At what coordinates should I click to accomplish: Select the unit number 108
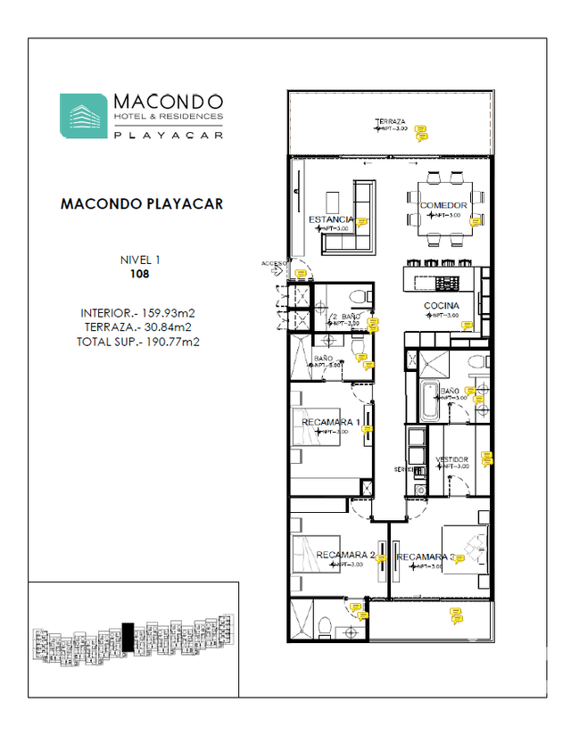coord(139,275)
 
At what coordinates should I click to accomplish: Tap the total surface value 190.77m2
coord(170,341)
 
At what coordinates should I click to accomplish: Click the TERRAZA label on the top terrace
coord(390,120)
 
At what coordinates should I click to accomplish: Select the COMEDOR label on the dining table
coord(443,206)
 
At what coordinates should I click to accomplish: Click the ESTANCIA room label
coord(331,219)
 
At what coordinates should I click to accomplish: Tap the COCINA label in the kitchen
coord(441,307)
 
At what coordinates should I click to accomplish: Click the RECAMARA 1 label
coord(330,422)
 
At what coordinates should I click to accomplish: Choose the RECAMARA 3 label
coord(425,558)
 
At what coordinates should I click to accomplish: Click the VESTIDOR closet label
coord(451,459)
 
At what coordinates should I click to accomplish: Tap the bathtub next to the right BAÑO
coord(429,401)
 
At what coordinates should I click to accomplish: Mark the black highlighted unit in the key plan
coord(128,636)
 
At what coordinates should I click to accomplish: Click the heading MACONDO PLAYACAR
coord(141,203)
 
